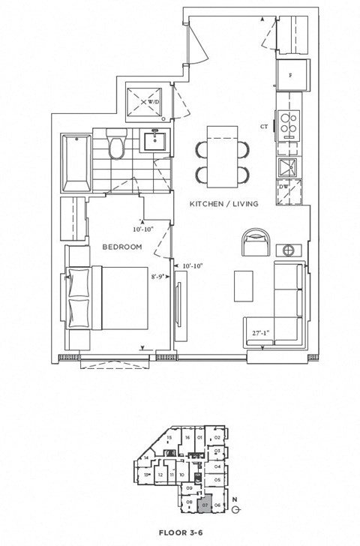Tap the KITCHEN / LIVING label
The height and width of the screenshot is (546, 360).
tap(223, 204)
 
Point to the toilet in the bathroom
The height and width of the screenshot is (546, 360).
tap(116, 145)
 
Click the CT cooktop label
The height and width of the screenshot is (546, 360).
tap(264, 127)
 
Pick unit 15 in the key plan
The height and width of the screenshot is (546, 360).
tap(169, 437)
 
